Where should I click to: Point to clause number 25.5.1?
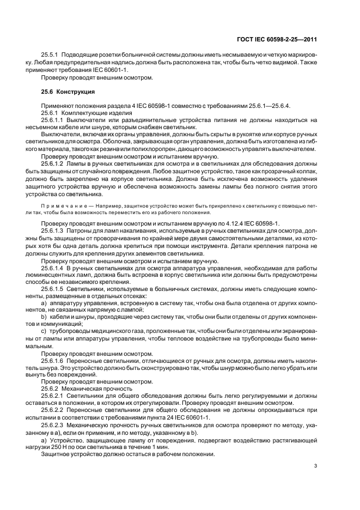(x=52, y=56)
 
